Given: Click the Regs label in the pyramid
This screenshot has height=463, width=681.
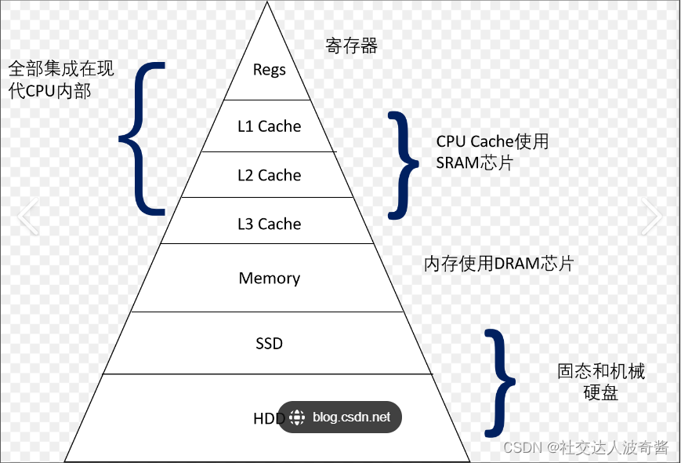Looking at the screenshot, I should pos(269,70).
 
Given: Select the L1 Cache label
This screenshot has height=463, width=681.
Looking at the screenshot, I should pos(269,126).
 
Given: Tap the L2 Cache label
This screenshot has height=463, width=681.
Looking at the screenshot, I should pos(269,176).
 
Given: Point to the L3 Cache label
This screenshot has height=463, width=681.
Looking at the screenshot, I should pos(269,224).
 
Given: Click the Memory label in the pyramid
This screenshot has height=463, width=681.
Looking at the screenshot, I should pos(269,279).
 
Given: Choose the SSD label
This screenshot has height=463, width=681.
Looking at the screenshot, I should pos(269,344).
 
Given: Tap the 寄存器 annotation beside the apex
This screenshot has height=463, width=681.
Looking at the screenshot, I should pos(352,46).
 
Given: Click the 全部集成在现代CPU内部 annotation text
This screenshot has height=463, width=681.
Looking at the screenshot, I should pos(61,80).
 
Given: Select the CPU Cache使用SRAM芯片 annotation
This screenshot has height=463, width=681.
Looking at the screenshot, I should pos(492,152).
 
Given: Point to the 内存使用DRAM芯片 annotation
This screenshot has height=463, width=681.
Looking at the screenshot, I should pos(498,264).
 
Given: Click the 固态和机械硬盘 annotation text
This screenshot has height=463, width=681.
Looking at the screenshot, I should pos(601,381).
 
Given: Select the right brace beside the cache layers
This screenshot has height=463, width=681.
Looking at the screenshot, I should pos(403,164).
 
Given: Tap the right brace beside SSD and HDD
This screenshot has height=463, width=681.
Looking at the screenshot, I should pos(499,382).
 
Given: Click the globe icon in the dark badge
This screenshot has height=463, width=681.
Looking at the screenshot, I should pos(297,417).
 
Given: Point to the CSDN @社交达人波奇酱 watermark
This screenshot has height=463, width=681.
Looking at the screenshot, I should pos(585,447).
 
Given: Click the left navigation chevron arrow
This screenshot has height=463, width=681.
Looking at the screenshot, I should pos(28,217).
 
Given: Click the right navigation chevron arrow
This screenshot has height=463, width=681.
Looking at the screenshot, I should pos(652,217).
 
